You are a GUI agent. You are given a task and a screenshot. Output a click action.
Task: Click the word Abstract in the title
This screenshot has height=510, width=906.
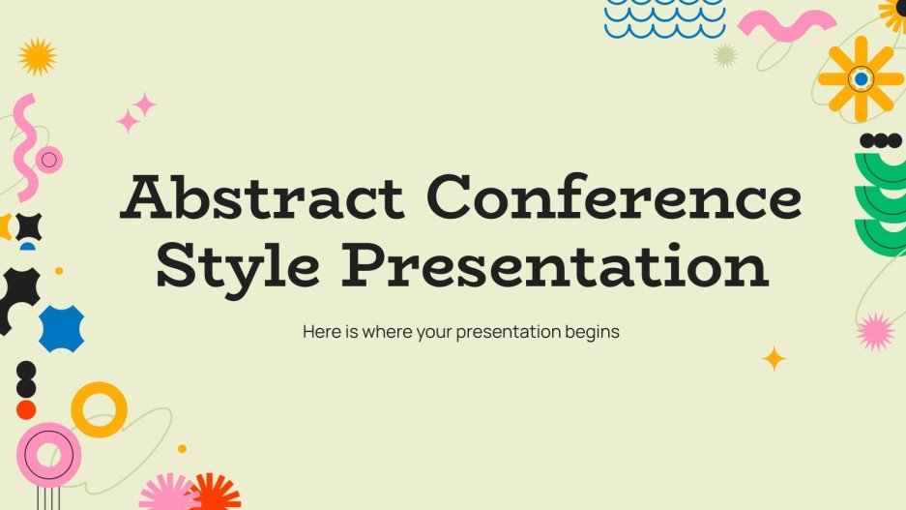click(262, 200)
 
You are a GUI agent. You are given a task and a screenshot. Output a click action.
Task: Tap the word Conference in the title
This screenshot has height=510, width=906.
click(615, 200)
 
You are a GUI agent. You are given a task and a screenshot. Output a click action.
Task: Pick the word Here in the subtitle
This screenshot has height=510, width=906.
click(321, 331)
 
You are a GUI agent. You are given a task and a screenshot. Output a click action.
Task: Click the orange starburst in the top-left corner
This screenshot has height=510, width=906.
click(38, 57)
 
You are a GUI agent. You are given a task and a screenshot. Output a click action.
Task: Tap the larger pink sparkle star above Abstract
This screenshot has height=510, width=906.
click(145, 105)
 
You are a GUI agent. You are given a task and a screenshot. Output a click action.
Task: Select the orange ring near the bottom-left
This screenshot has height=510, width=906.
click(99, 409)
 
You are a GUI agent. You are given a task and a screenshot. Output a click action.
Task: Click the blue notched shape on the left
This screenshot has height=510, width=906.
click(61, 327)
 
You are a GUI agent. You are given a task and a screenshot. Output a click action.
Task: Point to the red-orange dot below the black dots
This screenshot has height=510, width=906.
click(26, 408)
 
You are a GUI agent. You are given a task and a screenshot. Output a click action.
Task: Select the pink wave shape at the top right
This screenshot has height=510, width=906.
click(787, 25)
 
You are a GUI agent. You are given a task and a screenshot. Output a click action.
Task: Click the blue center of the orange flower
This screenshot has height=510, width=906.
click(861, 78)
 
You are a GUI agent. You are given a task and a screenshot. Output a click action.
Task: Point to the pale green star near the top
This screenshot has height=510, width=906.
click(725, 54)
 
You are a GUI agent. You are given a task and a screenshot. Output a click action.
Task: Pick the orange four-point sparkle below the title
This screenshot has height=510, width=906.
click(774, 359)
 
